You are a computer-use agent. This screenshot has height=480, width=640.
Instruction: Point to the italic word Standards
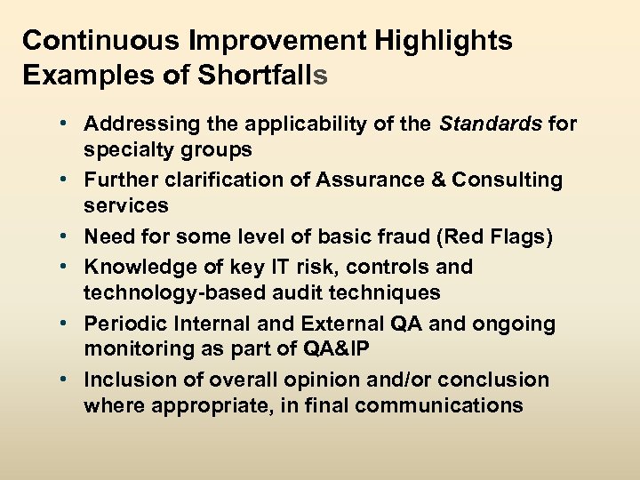click(491, 124)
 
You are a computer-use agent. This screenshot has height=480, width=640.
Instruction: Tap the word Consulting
click(508, 180)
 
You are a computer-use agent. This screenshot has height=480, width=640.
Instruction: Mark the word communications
click(434, 405)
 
